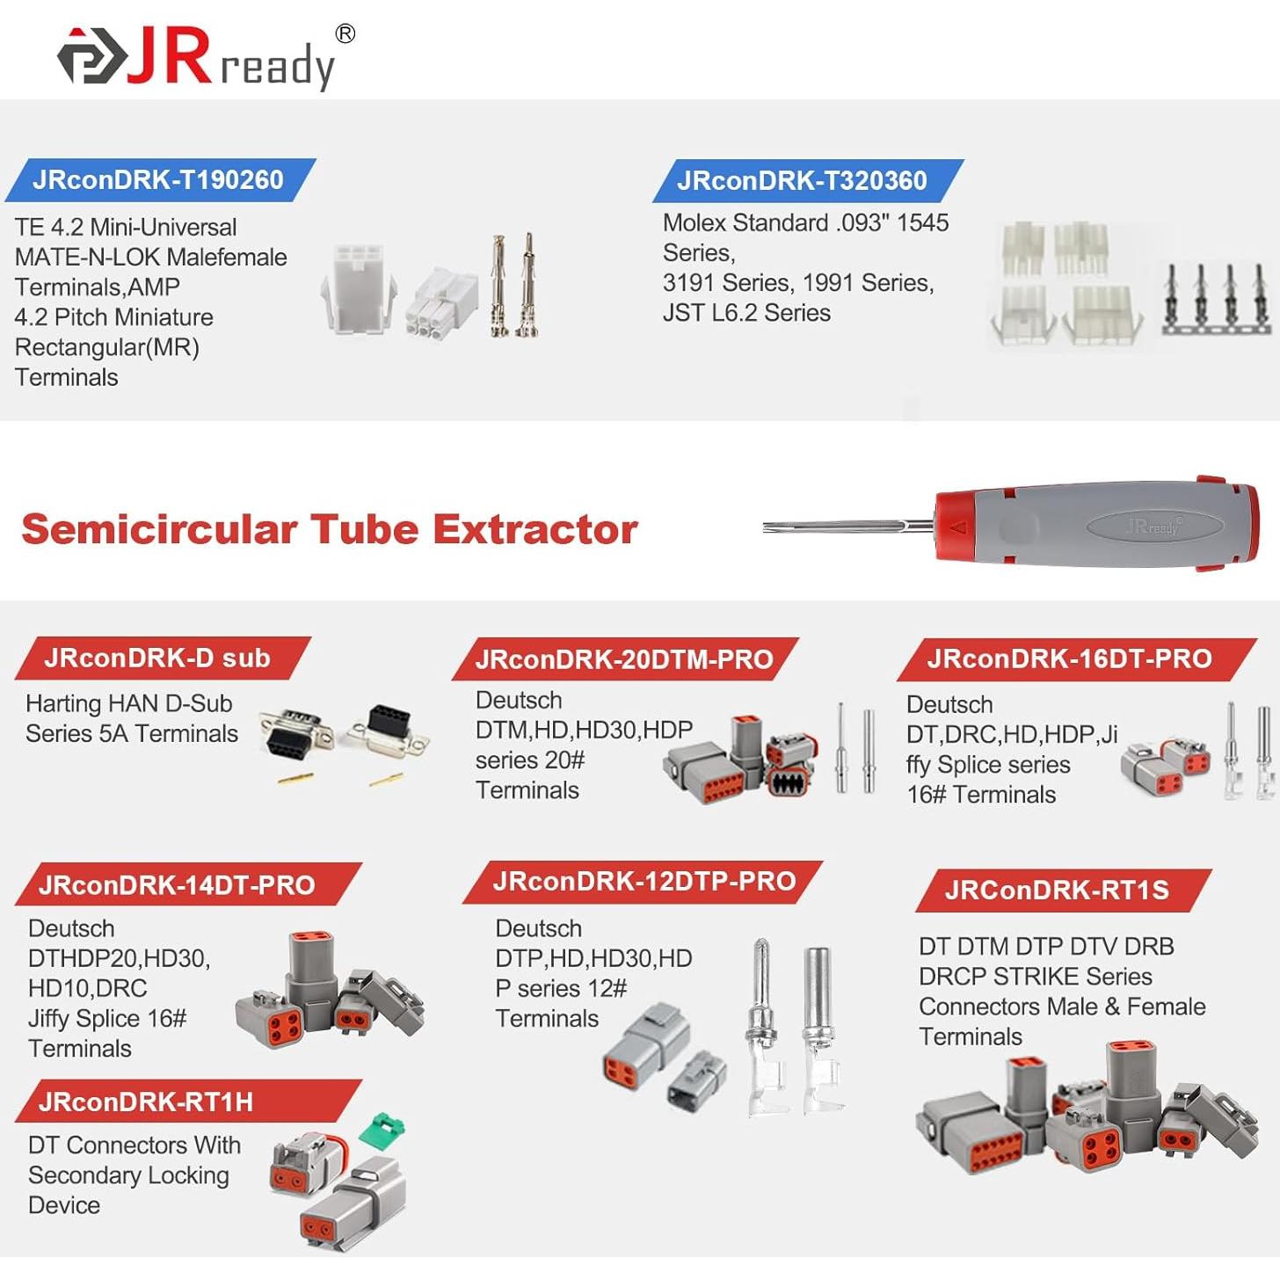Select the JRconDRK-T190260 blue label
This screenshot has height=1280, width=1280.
(x=158, y=180)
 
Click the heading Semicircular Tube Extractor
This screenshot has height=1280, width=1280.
(x=330, y=529)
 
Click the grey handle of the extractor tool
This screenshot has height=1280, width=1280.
(x=1099, y=526)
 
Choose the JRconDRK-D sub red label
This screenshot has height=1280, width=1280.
(x=157, y=658)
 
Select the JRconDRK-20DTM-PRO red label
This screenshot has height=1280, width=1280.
(x=624, y=659)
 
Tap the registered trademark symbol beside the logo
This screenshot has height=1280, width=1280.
(x=345, y=33)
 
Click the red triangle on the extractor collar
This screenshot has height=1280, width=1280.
(x=959, y=527)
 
